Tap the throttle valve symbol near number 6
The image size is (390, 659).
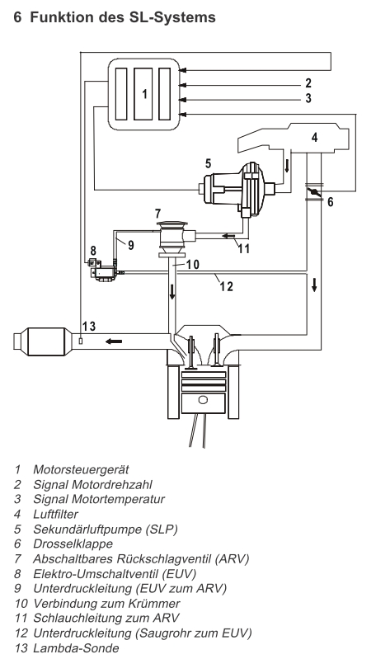coord(314,192)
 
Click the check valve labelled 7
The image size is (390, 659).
coord(174,238)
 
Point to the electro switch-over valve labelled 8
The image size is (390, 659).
coord(102,271)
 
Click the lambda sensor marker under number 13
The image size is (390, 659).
coord(81,341)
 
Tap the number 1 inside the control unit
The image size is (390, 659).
coord(145,93)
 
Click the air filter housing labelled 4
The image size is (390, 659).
coord(294,138)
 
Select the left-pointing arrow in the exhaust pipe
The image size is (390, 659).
coord(114,341)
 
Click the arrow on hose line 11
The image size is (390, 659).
coord(228,235)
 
